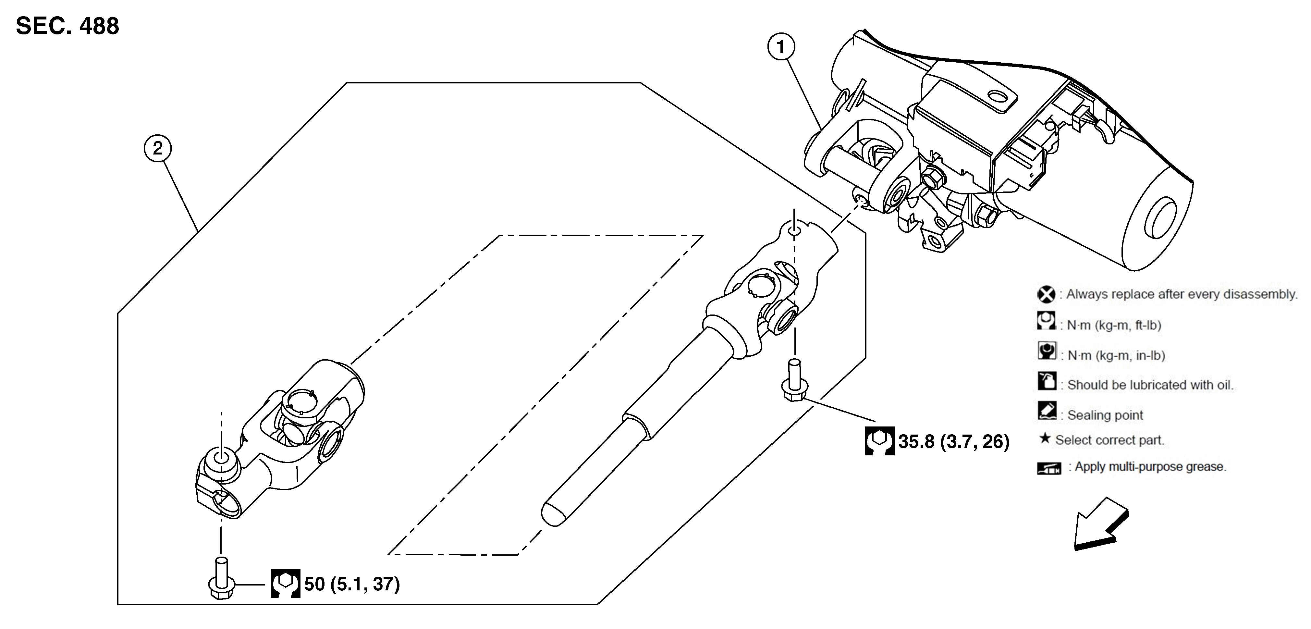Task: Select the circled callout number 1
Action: click(x=781, y=47)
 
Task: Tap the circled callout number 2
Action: click(x=157, y=148)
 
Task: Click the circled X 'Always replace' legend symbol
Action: click(x=1046, y=294)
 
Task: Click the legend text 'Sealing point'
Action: click(x=1105, y=415)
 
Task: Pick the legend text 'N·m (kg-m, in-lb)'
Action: click(x=1116, y=355)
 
